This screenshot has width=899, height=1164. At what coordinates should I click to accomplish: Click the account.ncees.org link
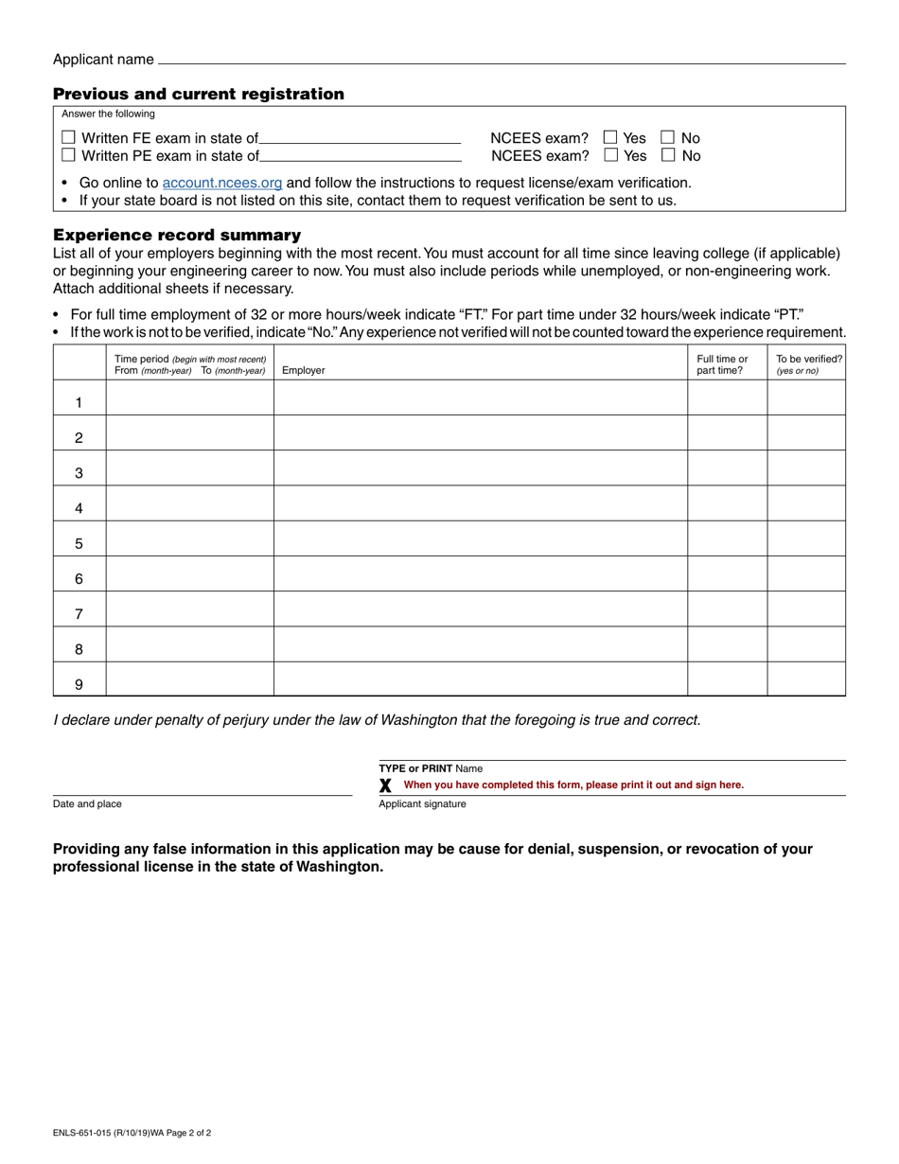(222, 183)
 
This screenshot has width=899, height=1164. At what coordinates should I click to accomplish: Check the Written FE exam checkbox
(68, 138)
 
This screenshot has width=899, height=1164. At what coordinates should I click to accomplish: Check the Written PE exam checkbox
(68, 155)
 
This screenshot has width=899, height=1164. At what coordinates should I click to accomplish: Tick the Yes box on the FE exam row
(610, 138)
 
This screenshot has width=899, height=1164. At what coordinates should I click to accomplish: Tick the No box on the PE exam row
(668, 155)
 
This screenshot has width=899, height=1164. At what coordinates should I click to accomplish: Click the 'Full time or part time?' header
(722, 364)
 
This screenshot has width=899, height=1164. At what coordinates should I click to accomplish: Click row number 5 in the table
(79, 544)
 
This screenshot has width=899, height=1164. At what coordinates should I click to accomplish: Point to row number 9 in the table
(79, 685)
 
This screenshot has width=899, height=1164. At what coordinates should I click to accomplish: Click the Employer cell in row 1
(480, 398)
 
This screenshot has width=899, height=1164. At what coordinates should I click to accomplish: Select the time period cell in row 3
(189, 468)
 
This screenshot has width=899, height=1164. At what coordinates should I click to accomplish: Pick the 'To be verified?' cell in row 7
(805, 609)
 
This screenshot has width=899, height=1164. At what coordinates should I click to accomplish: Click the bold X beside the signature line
(385, 785)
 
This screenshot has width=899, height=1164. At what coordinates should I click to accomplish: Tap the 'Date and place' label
(87, 804)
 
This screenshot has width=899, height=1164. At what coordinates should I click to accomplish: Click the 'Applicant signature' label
(422, 804)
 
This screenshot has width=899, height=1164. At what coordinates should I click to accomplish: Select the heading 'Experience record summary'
(177, 235)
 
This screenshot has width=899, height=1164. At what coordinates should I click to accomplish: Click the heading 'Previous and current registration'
(199, 94)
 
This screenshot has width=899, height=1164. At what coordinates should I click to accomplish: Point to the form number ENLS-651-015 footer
(132, 1132)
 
